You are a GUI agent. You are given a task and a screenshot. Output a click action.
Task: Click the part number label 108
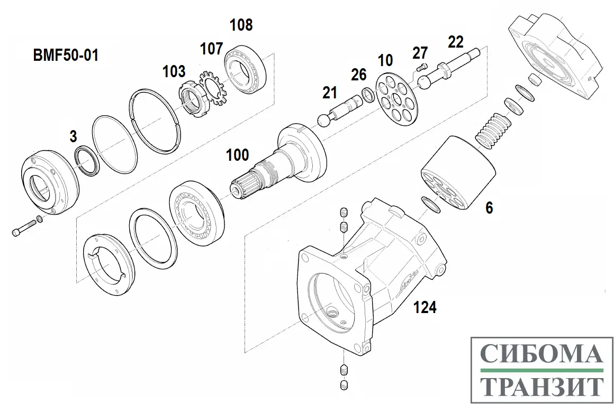241,25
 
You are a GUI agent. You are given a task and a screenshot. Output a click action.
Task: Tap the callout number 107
211,49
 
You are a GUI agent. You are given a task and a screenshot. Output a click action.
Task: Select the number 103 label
174,71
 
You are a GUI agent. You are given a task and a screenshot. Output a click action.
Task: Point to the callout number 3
73,137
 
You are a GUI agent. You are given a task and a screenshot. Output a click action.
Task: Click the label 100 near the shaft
237,155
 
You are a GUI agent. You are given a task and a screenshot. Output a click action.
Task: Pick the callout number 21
330,93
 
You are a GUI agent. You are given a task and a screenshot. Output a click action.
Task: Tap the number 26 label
359,75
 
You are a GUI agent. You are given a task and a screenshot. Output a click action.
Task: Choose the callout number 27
420,53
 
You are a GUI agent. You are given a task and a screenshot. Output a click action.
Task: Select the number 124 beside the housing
425,307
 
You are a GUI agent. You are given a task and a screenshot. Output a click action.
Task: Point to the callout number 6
489,208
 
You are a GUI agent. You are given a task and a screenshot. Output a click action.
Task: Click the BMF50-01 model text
65,55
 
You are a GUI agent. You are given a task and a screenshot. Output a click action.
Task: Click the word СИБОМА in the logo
541,353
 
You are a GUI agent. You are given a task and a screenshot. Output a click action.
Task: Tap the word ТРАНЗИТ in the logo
541,385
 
